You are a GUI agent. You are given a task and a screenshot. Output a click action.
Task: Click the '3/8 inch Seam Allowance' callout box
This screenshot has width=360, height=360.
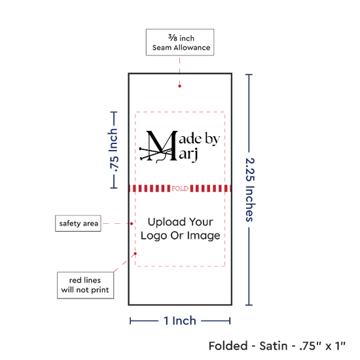[180, 43]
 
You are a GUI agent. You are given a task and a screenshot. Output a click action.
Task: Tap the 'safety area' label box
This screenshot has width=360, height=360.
[78, 223]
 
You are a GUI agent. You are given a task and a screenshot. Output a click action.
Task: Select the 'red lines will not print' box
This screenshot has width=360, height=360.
[85, 285]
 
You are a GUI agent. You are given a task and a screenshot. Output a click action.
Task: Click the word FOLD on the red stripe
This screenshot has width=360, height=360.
[180, 189]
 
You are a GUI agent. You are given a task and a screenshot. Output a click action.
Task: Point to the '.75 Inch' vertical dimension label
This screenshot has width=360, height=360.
[113, 150]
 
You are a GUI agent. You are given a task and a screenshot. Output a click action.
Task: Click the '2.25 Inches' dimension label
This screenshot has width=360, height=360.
[250, 190]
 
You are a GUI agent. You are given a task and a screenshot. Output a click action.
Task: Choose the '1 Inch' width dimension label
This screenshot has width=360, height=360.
[180, 321]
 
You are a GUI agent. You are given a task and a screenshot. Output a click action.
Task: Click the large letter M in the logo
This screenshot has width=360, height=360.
[162, 145]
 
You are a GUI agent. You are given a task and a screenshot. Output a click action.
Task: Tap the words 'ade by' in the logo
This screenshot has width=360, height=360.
[199, 139]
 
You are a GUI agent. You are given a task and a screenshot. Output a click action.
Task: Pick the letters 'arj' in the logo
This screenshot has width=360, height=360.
[189, 154]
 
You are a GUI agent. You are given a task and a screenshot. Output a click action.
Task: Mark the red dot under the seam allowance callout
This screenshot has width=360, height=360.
[179, 86]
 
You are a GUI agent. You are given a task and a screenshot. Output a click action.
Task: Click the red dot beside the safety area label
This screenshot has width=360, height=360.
[132, 223]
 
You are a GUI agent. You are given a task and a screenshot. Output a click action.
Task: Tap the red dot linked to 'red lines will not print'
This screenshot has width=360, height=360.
[135, 254]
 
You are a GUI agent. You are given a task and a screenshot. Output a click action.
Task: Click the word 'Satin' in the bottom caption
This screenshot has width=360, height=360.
[273, 346]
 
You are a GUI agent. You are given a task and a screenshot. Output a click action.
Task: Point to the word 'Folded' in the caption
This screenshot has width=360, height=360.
[228, 346]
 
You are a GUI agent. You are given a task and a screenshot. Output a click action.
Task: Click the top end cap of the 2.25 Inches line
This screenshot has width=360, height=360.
[249, 75]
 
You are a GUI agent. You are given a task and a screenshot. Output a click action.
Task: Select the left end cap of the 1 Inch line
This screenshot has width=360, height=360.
[130, 321]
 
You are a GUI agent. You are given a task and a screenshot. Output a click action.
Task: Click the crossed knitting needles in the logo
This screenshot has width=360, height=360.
[156, 154]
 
